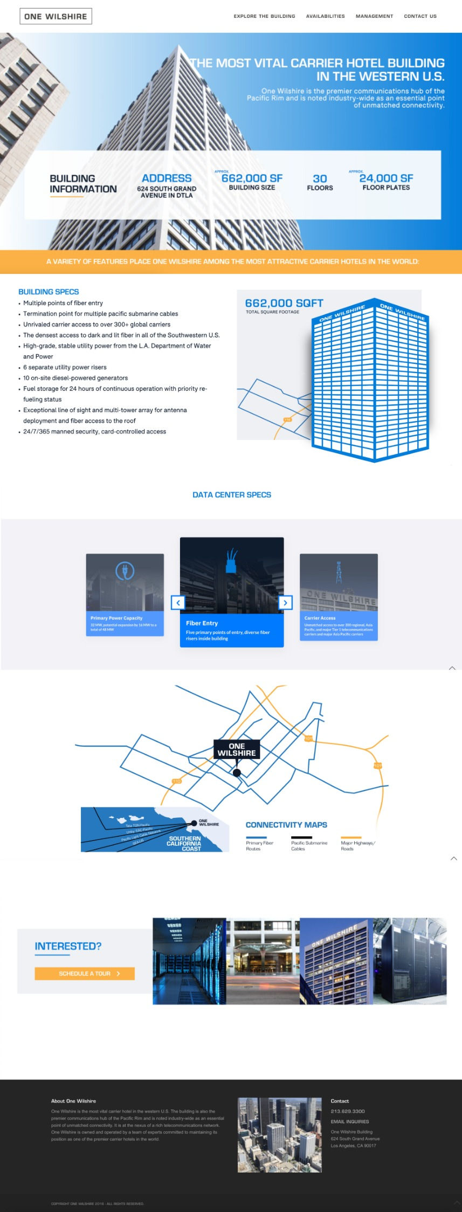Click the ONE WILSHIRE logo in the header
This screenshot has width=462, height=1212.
(x=56, y=16)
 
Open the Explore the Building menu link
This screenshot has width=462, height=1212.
(x=264, y=16)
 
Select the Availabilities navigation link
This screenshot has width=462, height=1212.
(x=325, y=16)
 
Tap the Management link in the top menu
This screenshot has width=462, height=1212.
(x=374, y=16)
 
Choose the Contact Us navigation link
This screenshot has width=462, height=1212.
(x=420, y=16)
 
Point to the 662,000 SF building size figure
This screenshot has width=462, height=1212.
(x=252, y=178)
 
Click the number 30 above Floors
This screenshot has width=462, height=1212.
(x=320, y=178)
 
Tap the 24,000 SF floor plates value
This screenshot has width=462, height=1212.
(x=386, y=178)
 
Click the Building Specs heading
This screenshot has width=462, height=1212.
(x=49, y=292)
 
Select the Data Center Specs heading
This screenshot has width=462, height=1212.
(x=232, y=494)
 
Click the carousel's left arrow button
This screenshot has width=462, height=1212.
(x=178, y=602)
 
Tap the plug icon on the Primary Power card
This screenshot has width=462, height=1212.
(x=125, y=570)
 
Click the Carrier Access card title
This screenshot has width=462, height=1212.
(x=320, y=618)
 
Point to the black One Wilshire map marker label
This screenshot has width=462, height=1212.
(x=237, y=749)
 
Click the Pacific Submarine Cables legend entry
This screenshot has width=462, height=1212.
(x=309, y=845)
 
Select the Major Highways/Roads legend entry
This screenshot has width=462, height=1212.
(x=357, y=845)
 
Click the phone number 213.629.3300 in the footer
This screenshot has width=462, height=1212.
(x=348, y=1111)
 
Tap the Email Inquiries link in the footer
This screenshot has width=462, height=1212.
(x=350, y=1121)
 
